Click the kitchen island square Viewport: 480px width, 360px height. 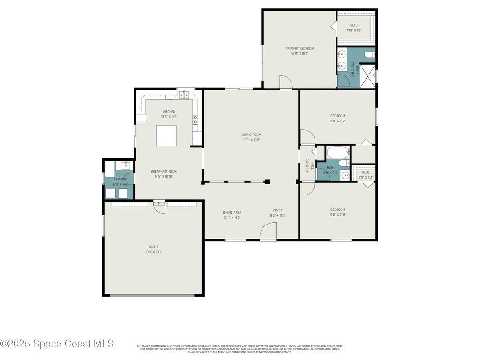click(x=166, y=135)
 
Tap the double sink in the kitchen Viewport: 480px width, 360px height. click(x=183, y=95)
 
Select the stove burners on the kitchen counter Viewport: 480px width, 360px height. click(x=195, y=120)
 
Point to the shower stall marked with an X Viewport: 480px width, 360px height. click(x=367, y=76)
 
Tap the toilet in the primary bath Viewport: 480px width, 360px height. click(x=370, y=54)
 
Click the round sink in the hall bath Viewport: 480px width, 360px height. click(x=345, y=176)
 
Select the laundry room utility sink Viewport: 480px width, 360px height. click(x=126, y=165)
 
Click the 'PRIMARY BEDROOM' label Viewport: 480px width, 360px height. click(x=300, y=48)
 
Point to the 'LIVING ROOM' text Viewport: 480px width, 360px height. click(x=252, y=135)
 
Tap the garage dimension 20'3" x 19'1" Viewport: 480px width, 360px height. click(x=153, y=252)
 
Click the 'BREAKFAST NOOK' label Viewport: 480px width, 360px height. click(x=164, y=171)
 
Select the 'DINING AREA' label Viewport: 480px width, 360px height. click(x=232, y=212)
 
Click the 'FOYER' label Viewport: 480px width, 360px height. click(x=278, y=210)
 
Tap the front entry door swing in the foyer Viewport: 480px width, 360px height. click(x=268, y=231)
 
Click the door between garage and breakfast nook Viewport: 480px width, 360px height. click(x=159, y=206)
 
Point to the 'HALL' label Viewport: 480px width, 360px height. click(x=312, y=166)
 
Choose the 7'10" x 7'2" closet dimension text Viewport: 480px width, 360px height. click(x=354, y=30)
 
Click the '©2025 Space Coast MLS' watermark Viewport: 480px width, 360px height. click(x=57, y=344)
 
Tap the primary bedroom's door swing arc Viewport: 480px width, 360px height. click(x=286, y=82)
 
